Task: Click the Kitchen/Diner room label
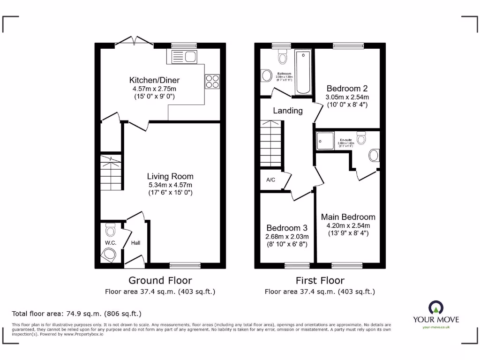[x=154, y=80]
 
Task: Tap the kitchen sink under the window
[x=184, y=57]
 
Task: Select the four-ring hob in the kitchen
[x=212, y=82]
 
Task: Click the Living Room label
[x=170, y=176]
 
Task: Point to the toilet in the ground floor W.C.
[x=111, y=230]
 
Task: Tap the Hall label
[x=135, y=243]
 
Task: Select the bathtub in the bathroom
[x=303, y=72]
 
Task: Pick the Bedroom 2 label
[x=347, y=88]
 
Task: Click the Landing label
[x=288, y=111]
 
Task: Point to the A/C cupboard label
[x=270, y=180]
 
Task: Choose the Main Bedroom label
[x=348, y=217]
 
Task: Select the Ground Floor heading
[x=160, y=280]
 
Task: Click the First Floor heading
[x=320, y=280]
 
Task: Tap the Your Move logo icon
[x=435, y=308]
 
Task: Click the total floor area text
[x=76, y=314]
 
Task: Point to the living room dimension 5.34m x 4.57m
[x=170, y=185]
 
